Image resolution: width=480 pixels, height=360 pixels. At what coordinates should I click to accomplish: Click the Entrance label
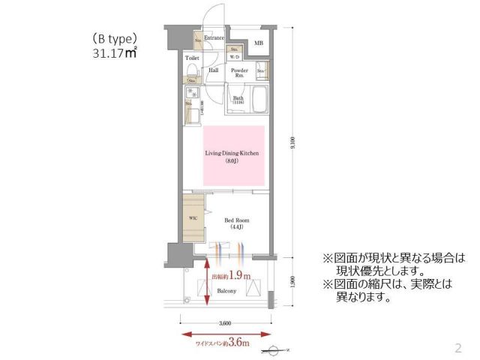click(x=214, y=37)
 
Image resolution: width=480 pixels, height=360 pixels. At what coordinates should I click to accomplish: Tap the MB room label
click(x=259, y=43)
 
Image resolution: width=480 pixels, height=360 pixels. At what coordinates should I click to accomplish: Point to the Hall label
click(x=213, y=70)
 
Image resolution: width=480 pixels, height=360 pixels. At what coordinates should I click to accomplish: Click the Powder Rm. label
click(x=238, y=73)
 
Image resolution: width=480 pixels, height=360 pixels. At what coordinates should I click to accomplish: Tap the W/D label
click(x=234, y=57)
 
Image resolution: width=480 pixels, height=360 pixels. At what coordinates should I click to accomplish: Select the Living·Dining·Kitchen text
click(x=232, y=152)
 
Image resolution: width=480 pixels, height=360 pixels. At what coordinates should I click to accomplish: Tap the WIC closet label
click(x=193, y=218)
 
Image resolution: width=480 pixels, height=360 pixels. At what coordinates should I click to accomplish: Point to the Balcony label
click(x=227, y=290)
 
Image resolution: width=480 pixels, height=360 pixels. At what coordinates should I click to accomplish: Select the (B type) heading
click(x=115, y=37)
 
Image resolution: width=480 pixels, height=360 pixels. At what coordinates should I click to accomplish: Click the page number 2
click(x=457, y=347)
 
